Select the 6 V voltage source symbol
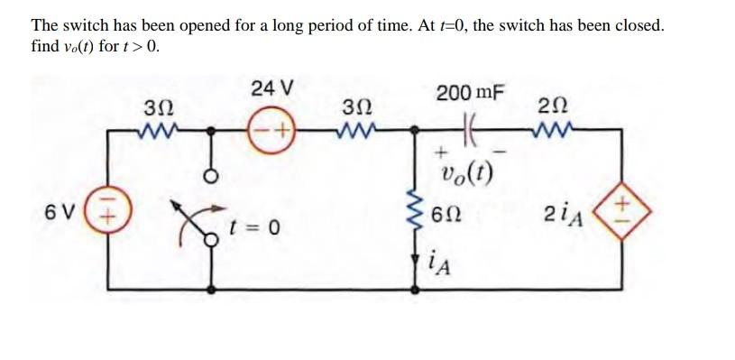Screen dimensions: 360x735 click(x=109, y=214)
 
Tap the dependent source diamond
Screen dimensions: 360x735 click(x=620, y=214)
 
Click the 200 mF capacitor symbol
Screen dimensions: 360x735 click(x=468, y=130)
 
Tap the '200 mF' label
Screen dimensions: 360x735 click(x=470, y=93)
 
